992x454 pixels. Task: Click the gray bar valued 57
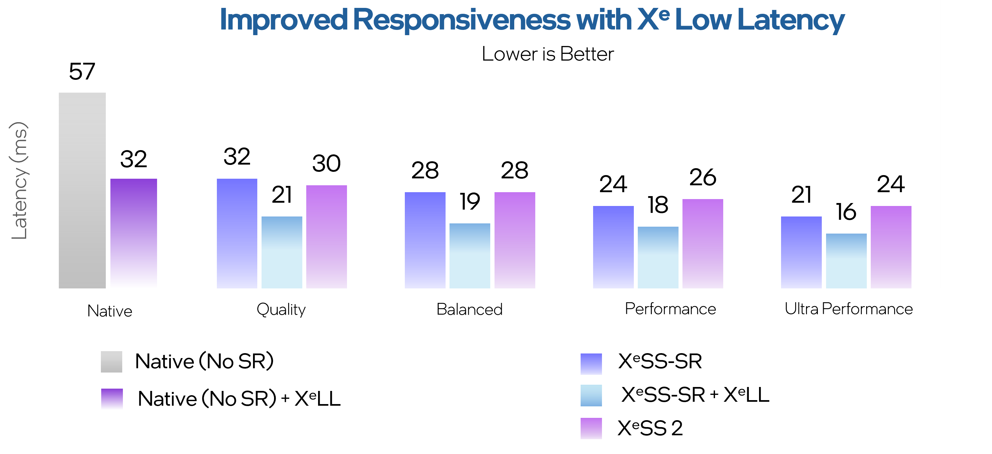click(x=82, y=190)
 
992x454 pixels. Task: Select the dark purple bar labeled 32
click(x=134, y=233)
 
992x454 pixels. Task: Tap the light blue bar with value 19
click(x=470, y=256)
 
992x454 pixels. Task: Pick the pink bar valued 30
click(x=326, y=237)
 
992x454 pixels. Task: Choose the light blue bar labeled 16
click(x=846, y=261)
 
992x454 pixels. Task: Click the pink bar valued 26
click(x=703, y=243)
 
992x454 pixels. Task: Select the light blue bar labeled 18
click(x=658, y=257)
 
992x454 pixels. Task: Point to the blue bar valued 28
click(x=425, y=240)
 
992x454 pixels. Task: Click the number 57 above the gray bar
click(x=82, y=72)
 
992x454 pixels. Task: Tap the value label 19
click(x=470, y=201)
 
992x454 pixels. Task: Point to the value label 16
click(x=846, y=212)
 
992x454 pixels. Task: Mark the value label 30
click(x=326, y=163)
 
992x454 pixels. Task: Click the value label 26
click(x=703, y=177)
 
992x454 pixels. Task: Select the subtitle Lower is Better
click(x=548, y=54)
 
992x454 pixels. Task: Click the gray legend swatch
click(x=112, y=362)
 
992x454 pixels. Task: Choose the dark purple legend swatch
click(x=112, y=399)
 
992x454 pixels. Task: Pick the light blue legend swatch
click(x=591, y=396)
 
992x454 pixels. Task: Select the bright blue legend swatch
click(x=591, y=364)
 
